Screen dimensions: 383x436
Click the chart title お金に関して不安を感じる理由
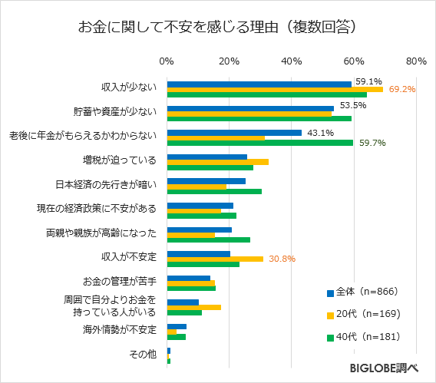point(217,27)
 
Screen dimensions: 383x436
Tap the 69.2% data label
point(402,90)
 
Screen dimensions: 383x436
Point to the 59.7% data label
point(372,143)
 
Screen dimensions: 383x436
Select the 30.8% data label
point(282,259)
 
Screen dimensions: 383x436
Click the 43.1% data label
point(319,133)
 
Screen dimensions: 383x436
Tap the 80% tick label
point(416,61)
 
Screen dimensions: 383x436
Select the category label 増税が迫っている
point(119,160)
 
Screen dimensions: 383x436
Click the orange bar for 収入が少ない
point(275,90)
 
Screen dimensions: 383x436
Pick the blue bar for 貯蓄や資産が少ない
point(250,108)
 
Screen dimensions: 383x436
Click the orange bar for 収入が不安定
point(215,259)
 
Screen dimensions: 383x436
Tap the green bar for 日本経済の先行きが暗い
point(214,191)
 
